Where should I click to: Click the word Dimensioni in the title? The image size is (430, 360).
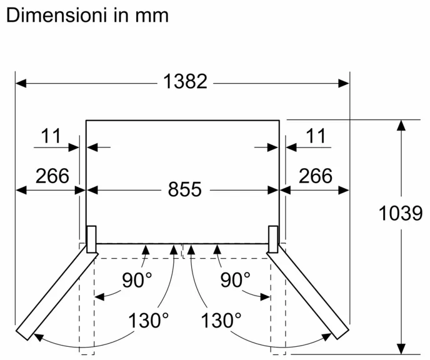57,15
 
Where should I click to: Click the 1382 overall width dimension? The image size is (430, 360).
184,81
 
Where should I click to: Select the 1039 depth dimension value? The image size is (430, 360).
401,214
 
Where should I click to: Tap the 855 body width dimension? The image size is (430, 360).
184,189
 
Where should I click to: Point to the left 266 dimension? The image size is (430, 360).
52,176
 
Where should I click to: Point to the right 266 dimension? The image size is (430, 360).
315,176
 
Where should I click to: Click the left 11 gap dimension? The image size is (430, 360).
52,136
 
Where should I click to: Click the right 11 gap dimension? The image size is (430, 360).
317,136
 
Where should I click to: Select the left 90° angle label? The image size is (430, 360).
137,280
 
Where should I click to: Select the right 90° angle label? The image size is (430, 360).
236,280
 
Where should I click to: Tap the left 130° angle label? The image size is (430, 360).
148,321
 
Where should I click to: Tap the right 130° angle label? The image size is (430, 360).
221,321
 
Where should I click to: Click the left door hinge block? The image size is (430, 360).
91,239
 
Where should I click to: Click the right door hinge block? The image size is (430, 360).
274,239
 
